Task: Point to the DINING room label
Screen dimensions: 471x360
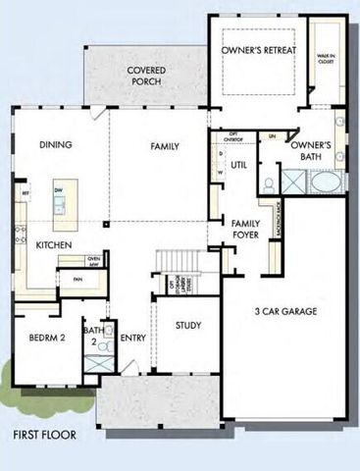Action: point(57,145)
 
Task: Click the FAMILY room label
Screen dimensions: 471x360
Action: point(165,146)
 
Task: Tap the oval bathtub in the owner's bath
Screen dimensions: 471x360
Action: point(327,184)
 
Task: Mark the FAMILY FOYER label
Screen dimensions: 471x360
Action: point(245,230)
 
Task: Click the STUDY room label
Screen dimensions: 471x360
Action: point(189,326)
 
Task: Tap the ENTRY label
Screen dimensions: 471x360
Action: point(132,339)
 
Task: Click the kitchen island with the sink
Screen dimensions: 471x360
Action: point(60,198)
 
